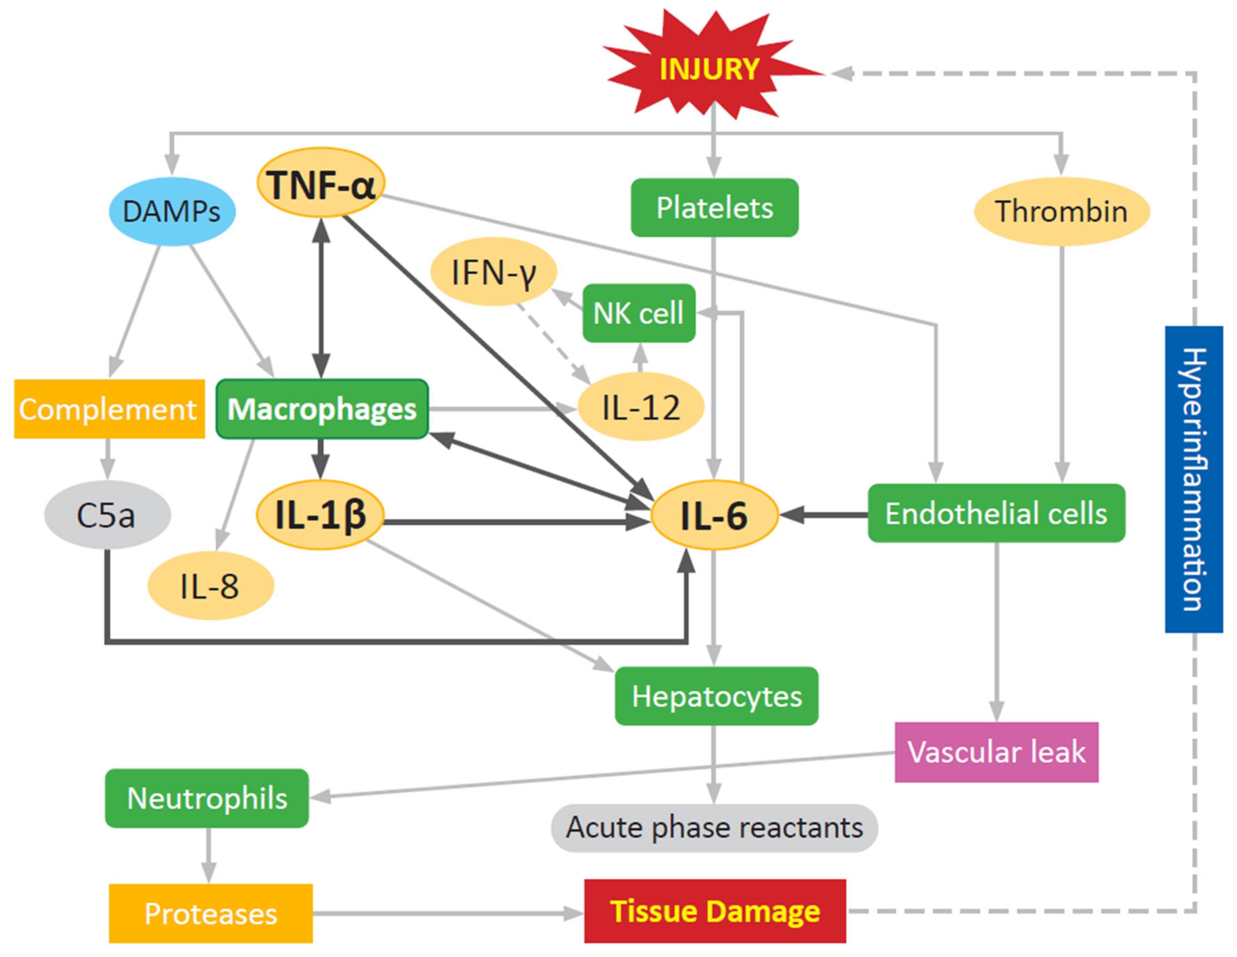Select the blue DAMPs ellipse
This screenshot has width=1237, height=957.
171,212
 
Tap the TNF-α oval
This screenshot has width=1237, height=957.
321,183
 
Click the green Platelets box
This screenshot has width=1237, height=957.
714,207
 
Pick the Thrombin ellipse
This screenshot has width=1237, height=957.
1061,212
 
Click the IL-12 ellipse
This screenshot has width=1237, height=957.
641,407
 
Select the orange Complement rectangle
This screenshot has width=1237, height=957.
109,408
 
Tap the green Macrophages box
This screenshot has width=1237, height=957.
322,408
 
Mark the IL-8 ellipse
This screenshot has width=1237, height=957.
210,586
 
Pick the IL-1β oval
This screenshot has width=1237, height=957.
321,515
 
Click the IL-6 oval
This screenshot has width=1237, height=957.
714,515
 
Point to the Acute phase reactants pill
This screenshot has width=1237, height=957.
714,827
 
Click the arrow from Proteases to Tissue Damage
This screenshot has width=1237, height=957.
448,913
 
